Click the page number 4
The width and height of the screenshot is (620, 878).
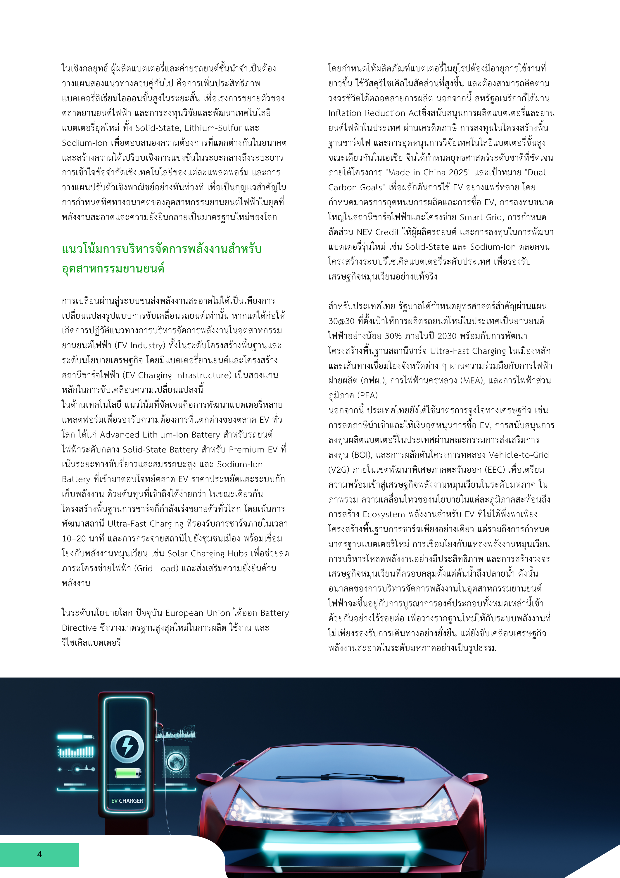(39, 854)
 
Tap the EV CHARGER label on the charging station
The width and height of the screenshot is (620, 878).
(127, 800)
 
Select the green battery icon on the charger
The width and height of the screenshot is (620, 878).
(127, 773)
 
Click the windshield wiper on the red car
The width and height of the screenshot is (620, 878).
(340, 776)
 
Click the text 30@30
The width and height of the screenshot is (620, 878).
(341, 321)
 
